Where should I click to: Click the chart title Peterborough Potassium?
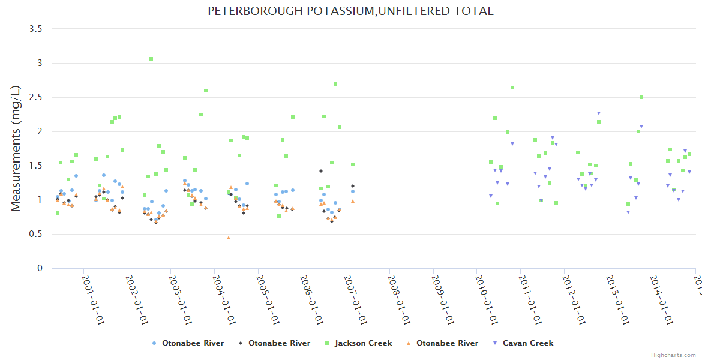coord(350,11)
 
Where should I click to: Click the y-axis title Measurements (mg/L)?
coord(16,148)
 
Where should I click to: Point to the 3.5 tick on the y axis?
coord(36,29)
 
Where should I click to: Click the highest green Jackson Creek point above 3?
coord(151,59)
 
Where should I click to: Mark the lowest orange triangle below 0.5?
coord(229,238)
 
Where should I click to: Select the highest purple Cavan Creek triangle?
coord(598,113)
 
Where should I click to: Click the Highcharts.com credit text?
coord(673,355)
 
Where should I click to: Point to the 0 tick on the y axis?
coord(40,268)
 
